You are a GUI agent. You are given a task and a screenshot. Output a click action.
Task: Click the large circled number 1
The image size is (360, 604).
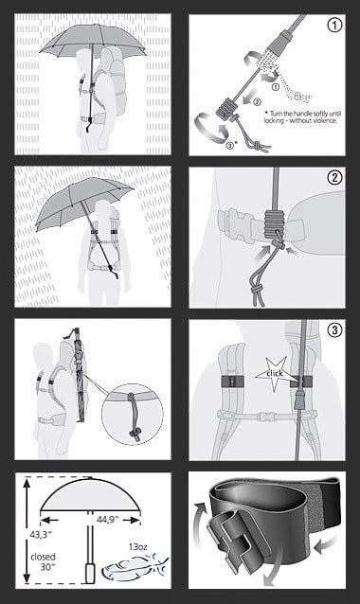click(x=334, y=25)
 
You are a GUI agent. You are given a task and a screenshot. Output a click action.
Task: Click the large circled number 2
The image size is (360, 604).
click(x=334, y=177)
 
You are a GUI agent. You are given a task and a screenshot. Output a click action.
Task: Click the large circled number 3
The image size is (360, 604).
click(x=334, y=329)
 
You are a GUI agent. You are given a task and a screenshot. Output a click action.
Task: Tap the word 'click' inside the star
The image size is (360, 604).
click(x=275, y=373)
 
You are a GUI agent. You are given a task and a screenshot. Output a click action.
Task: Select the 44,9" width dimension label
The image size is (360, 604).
click(x=107, y=520)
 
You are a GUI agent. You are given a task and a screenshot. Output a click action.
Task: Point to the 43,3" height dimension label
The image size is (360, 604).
click(x=42, y=535)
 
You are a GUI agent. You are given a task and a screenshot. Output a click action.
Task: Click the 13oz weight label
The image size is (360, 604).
click(x=138, y=546)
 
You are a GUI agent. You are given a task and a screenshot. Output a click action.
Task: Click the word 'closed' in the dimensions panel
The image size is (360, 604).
click(x=44, y=557)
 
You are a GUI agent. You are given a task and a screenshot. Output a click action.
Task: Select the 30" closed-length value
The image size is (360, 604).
click(x=47, y=567)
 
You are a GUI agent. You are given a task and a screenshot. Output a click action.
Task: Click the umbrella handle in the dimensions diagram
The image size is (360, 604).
click(x=90, y=573)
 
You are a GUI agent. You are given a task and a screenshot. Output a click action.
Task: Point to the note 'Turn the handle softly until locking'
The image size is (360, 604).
click(x=302, y=116)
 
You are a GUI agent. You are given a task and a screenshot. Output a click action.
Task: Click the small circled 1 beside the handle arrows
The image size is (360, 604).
click(x=275, y=87)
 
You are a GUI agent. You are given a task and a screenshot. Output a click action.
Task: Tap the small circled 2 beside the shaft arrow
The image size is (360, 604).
click(x=257, y=101)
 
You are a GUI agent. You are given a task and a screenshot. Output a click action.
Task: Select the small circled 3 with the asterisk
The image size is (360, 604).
click(x=230, y=145)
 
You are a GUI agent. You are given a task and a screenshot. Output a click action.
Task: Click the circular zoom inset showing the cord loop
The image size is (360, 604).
click(x=133, y=414)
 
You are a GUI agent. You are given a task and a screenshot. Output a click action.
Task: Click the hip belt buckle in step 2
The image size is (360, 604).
click(x=232, y=224)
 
